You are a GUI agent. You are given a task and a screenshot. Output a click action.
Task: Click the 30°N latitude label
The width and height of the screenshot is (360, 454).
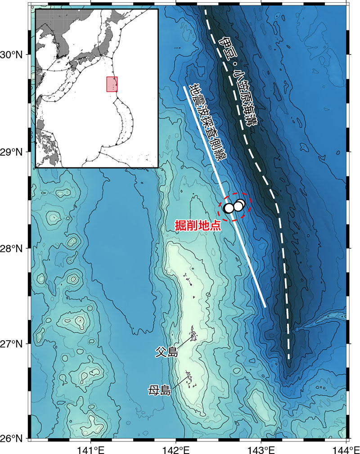pyautogui.click(x=13, y=55)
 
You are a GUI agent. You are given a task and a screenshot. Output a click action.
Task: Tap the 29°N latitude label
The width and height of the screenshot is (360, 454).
pyautogui.click(x=13, y=152)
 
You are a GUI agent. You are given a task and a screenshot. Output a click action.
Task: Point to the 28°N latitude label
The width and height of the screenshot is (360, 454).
pyautogui.click(x=13, y=248)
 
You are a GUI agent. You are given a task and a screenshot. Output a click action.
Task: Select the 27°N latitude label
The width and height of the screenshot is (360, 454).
pyautogui.click(x=13, y=344)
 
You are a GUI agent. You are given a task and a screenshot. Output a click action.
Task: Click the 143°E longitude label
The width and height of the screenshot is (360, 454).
pyautogui.click(x=261, y=449)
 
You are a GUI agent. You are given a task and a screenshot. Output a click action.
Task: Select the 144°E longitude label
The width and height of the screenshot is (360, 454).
pyautogui.click(x=346, y=449)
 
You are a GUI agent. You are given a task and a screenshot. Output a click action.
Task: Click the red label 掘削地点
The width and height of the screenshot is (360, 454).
pyautogui.click(x=198, y=225)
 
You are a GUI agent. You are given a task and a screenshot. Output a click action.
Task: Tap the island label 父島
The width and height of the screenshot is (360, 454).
pyautogui.click(x=166, y=352)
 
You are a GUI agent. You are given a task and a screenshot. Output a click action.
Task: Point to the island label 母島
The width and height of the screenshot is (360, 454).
pyautogui.click(x=160, y=390)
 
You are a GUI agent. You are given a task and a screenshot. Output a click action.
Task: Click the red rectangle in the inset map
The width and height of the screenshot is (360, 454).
pyautogui.click(x=112, y=84)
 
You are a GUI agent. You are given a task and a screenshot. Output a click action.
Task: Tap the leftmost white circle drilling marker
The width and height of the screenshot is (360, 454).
pyautogui.click(x=229, y=208)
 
